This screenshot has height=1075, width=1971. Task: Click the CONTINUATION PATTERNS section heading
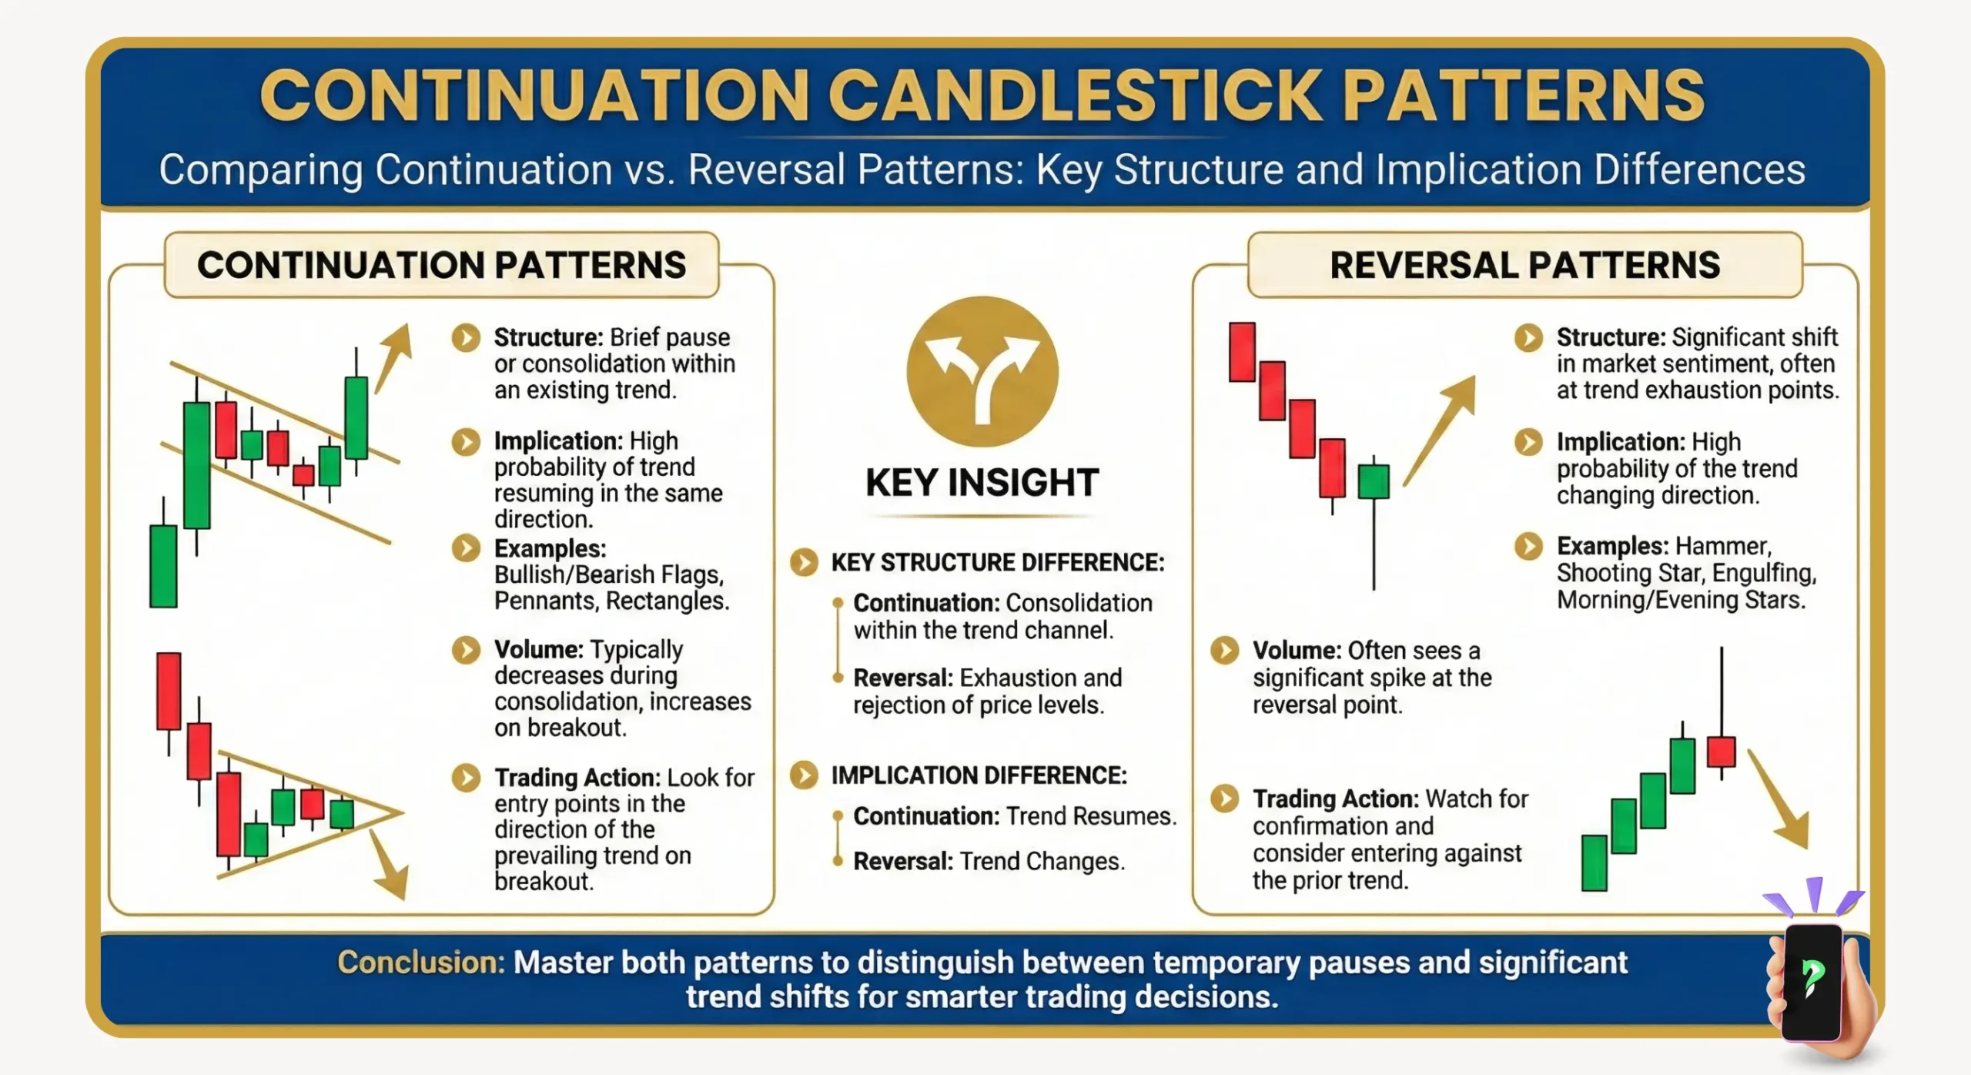click(x=441, y=265)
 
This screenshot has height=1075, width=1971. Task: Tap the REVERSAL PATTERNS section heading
click(x=1524, y=265)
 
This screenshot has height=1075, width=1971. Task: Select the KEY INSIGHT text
click(x=982, y=483)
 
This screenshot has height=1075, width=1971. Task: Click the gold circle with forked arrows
click(x=982, y=372)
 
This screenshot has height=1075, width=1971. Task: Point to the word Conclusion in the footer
click(x=420, y=963)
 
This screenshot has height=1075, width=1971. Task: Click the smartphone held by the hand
click(x=1812, y=981)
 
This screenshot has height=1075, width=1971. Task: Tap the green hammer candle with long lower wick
click(x=1374, y=481)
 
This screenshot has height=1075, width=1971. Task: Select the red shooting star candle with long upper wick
click(x=1721, y=752)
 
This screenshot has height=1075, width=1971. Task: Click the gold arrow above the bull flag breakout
click(x=393, y=358)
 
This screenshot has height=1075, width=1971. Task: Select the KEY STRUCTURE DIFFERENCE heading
click(x=997, y=563)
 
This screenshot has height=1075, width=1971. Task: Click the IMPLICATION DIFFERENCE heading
click(x=979, y=775)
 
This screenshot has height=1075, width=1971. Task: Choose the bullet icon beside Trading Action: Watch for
click(x=1224, y=799)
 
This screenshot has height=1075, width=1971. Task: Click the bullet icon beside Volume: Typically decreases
click(x=466, y=649)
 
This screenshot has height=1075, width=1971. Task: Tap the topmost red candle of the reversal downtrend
click(x=1242, y=352)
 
